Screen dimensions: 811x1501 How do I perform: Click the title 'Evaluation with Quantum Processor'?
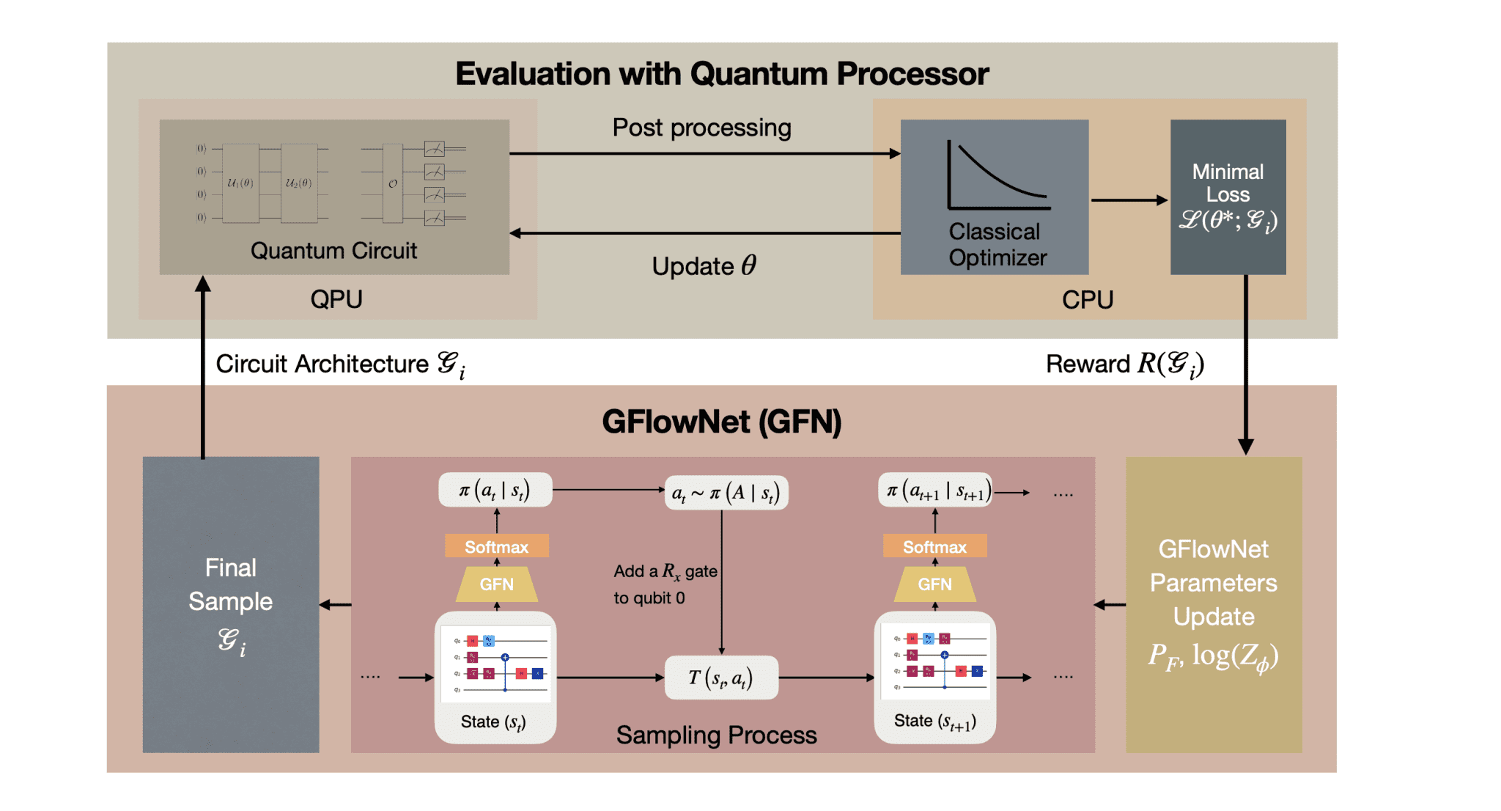pyautogui.click(x=722, y=74)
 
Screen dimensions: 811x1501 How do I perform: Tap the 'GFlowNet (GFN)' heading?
pyautogui.click(x=722, y=422)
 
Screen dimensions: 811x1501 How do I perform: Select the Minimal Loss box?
pyautogui.click(x=1228, y=197)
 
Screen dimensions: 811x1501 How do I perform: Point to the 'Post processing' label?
pyautogui.click(x=701, y=128)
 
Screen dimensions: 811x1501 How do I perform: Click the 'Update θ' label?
pyautogui.click(x=704, y=265)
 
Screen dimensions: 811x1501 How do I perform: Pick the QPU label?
pyautogui.click(x=336, y=299)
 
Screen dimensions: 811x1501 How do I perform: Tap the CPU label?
pyautogui.click(x=1088, y=299)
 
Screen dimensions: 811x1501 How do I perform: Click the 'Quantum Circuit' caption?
pyautogui.click(x=333, y=251)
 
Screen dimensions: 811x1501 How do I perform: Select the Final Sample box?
pyautogui.click(x=231, y=604)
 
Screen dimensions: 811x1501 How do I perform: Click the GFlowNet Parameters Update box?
pyautogui.click(x=1214, y=604)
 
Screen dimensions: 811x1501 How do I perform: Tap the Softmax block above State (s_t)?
pyautogui.click(x=496, y=547)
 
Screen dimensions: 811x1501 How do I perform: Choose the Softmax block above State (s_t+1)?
pyautogui.click(x=934, y=547)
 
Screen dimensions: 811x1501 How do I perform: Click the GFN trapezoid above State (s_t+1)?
pyautogui.click(x=934, y=584)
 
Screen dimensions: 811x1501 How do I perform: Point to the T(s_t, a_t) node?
pyautogui.click(x=721, y=678)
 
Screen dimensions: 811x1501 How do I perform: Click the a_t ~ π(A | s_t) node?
pyautogui.click(x=726, y=493)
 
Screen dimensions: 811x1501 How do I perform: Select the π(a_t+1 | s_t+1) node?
pyautogui.click(x=936, y=491)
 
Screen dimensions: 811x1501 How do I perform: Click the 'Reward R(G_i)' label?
pyautogui.click(x=1124, y=364)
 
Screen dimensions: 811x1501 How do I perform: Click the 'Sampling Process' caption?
pyautogui.click(x=716, y=735)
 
